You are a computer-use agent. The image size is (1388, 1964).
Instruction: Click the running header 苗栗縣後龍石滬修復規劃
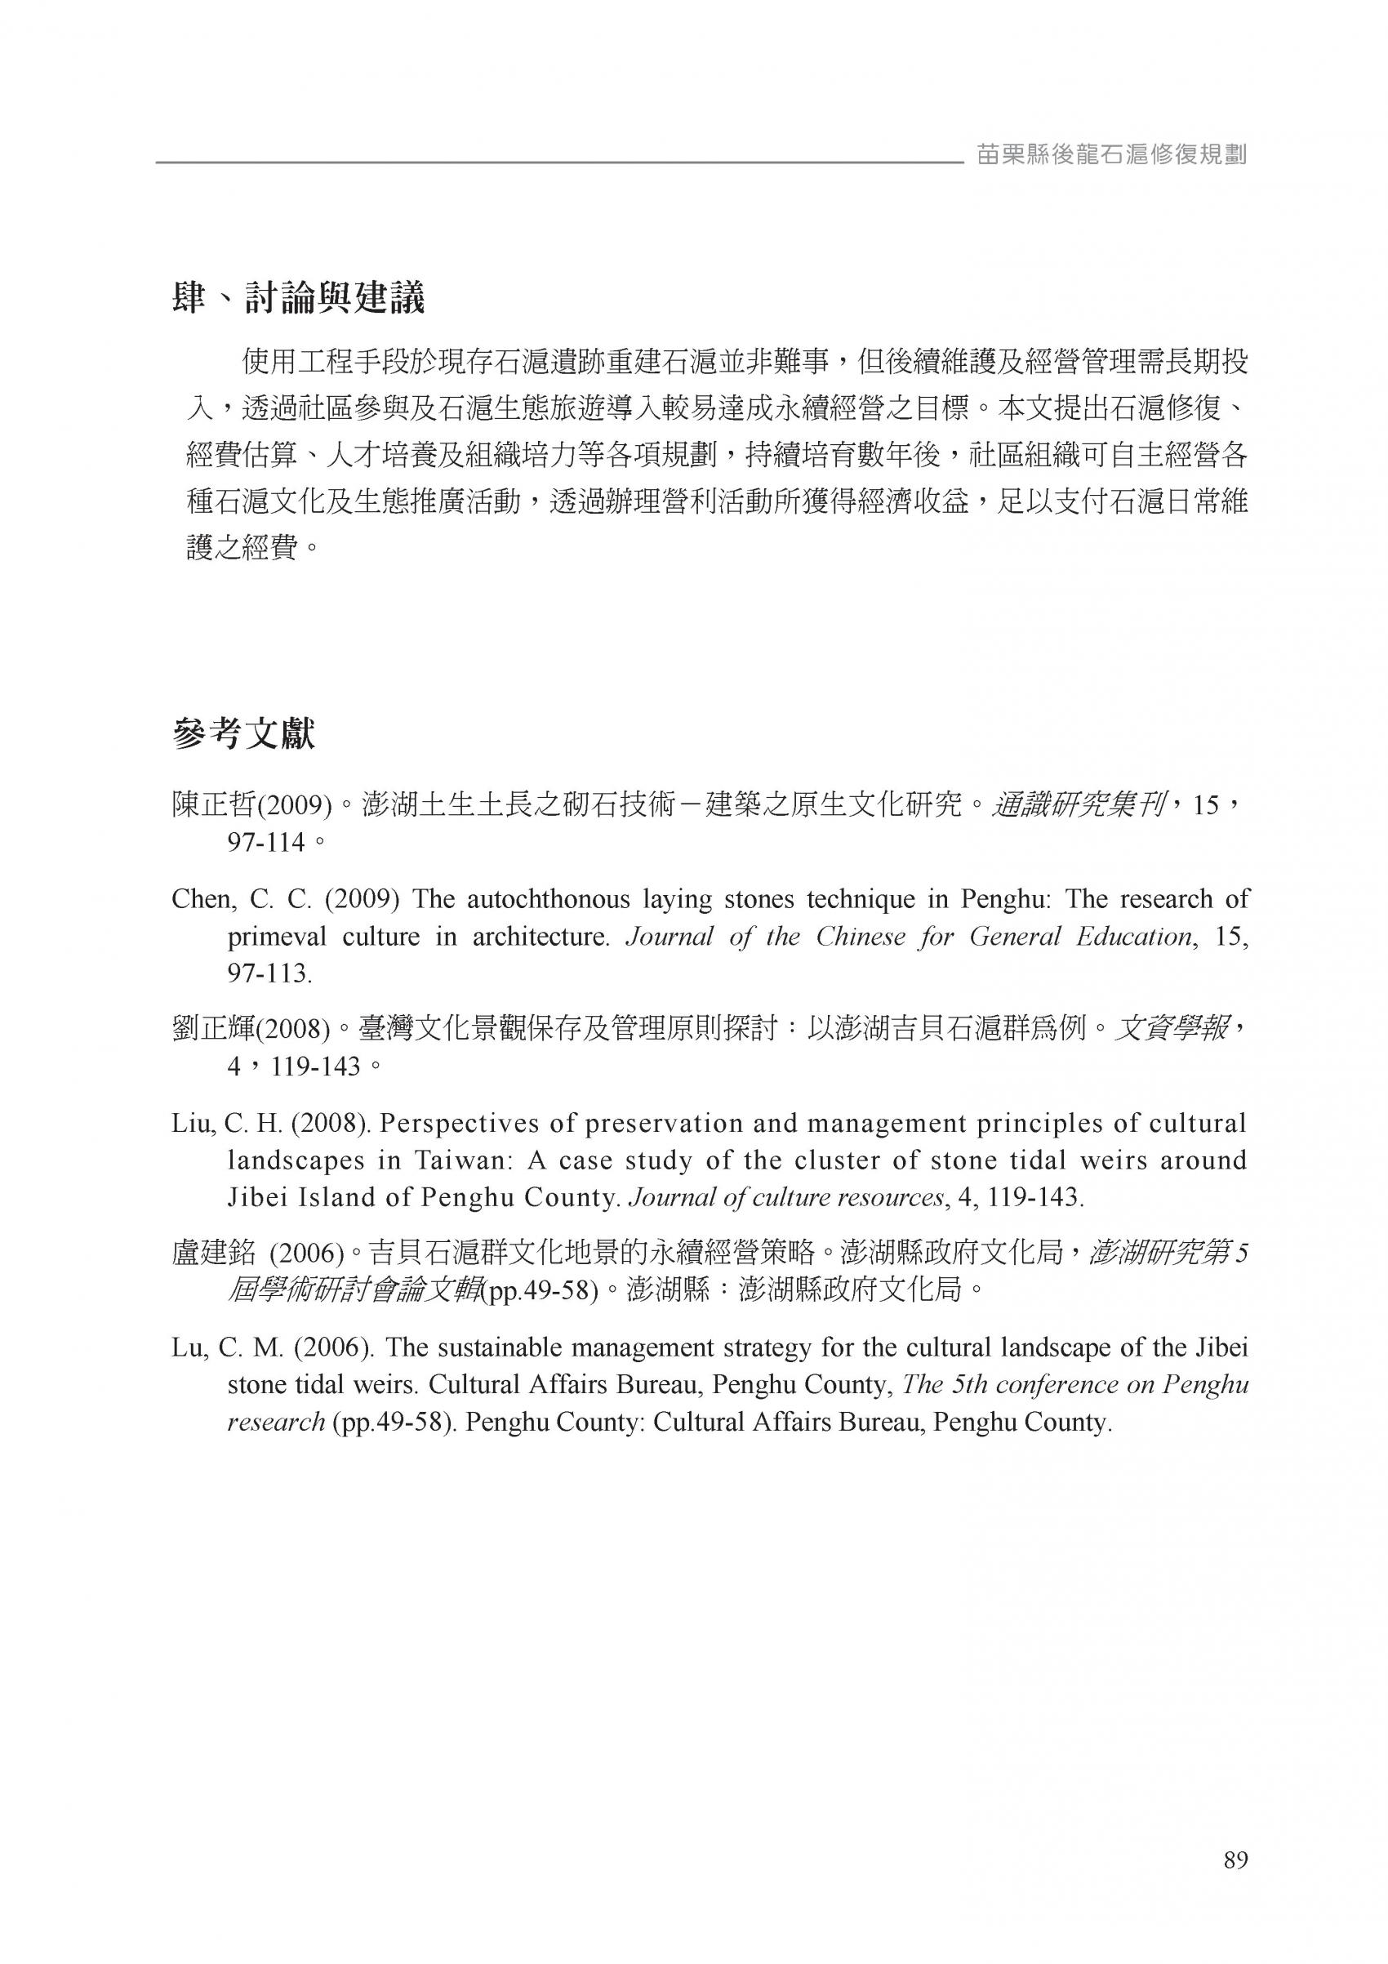click(1112, 155)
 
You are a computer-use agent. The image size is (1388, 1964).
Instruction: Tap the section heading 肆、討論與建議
click(299, 299)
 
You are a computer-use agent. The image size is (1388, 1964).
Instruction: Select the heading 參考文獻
click(244, 734)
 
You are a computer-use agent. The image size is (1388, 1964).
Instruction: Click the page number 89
click(1236, 1860)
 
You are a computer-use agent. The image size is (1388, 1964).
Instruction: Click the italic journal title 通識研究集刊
click(1076, 805)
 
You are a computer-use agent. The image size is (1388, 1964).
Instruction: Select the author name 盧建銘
click(214, 1254)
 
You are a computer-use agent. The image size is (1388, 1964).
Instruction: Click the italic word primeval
click(281, 937)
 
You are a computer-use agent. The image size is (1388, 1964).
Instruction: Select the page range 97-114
click(266, 843)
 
